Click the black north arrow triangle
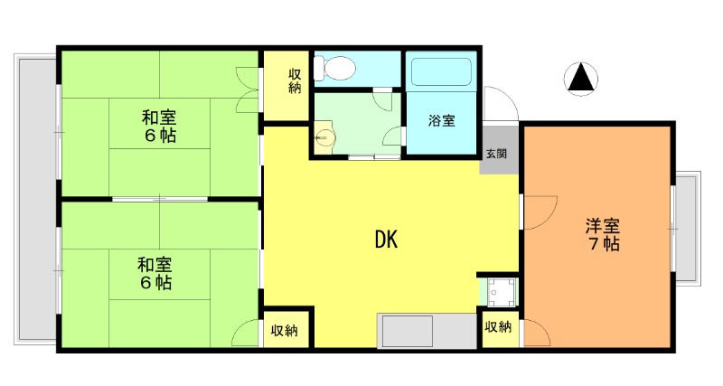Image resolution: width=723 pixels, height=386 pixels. click(x=581, y=80)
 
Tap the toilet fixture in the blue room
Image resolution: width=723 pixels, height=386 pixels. click(x=339, y=68)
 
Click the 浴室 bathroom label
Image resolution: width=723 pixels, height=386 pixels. click(x=441, y=120)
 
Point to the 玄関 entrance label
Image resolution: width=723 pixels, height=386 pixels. click(x=496, y=154)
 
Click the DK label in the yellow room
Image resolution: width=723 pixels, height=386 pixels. click(x=386, y=240)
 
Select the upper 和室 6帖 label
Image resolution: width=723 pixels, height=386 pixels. click(x=158, y=127)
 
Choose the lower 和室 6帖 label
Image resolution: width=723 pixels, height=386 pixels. click(x=155, y=273)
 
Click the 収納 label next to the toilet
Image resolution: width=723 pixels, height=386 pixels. click(x=295, y=81)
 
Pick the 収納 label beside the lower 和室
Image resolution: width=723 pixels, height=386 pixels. click(x=285, y=330)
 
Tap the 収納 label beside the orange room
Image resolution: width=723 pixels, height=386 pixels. click(x=498, y=327)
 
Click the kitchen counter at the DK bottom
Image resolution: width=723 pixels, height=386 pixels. click(x=426, y=331)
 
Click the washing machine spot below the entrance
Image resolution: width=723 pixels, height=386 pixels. click(x=498, y=291)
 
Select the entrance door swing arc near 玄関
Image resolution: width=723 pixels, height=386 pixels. click(x=500, y=104)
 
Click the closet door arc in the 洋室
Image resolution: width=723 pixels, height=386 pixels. click(x=535, y=334)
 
